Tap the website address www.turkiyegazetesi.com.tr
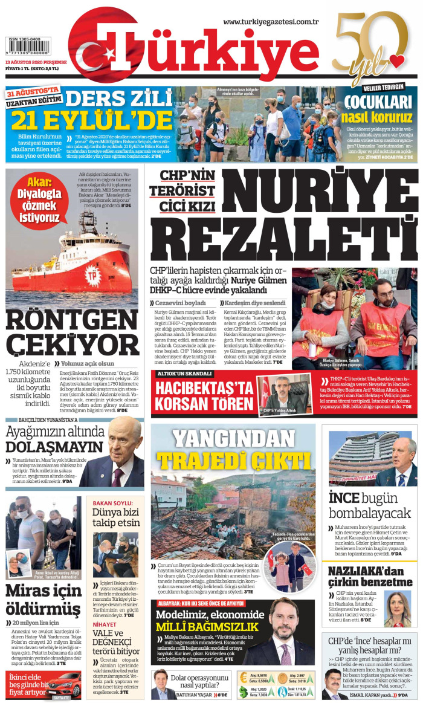point(271,22)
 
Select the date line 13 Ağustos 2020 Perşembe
point(36,62)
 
